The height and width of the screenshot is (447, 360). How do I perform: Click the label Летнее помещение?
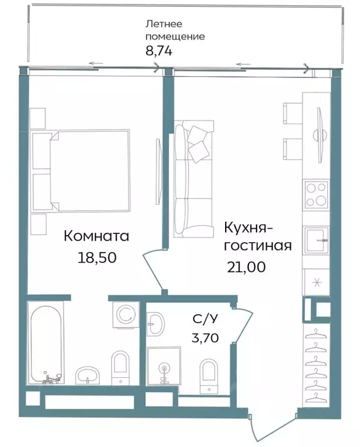pos(174,30)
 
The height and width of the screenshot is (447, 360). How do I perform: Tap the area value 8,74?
pos(159,50)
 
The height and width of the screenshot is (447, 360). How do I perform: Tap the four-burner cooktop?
pos(316,195)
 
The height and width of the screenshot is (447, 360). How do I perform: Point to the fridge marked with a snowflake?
pos(316,283)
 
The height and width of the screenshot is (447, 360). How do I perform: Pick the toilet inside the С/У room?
pos(208,371)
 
